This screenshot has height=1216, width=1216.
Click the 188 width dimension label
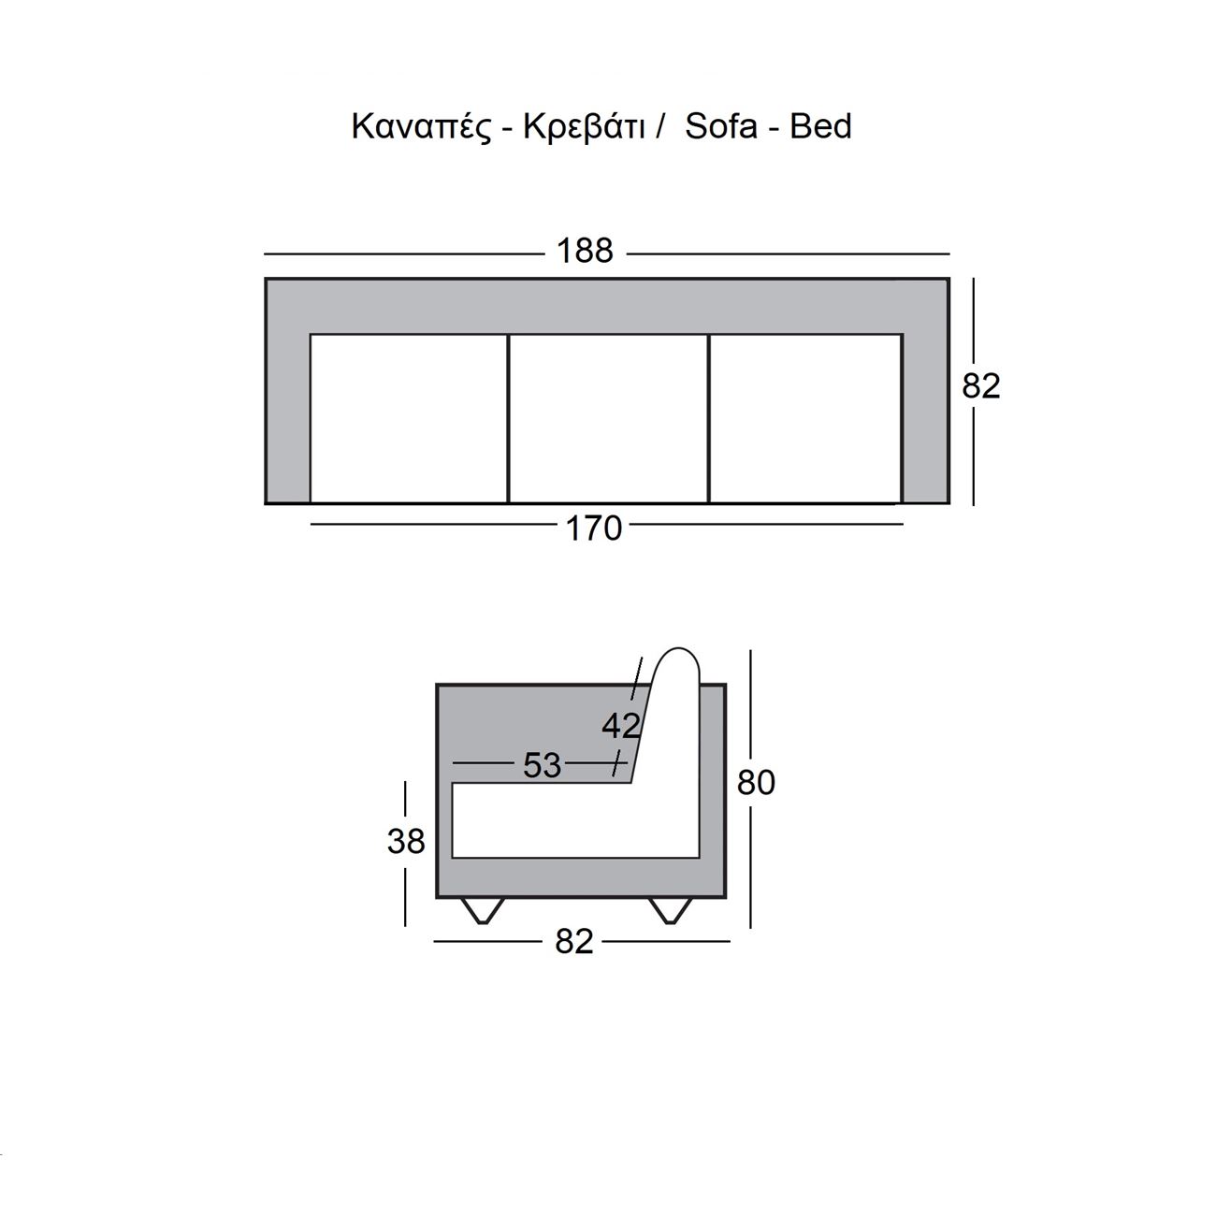pyautogui.click(x=585, y=251)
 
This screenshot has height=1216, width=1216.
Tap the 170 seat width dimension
pyautogui.click(x=593, y=528)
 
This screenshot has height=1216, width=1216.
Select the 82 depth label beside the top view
pyautogui.click(x=980, y=386)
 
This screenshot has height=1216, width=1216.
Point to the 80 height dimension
pyautogui.click(x=756, y=783)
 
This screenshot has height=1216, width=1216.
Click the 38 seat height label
pyautogui.click(x=406, y=841)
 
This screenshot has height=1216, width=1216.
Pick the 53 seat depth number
pyautogui.click(x=542, y=765)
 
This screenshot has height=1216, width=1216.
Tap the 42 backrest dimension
pyautogui.click(x=621, y=726)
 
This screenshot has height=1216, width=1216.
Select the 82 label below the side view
pyautogui.click(x=574, y=942)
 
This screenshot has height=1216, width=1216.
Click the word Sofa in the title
pyautogui.click(x=720, y=126)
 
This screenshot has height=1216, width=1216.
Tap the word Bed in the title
pyautogui.click(x=820, y=126)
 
